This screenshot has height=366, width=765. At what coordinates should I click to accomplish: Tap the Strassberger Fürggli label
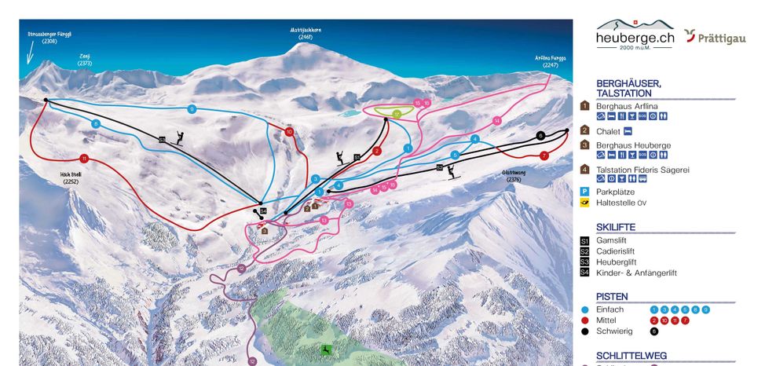[49, 37]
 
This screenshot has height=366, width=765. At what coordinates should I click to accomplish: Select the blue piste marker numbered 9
[192, 109]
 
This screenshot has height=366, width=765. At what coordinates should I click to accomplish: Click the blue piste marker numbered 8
[96, 123]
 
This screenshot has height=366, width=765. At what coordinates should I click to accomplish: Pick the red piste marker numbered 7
[544, 156]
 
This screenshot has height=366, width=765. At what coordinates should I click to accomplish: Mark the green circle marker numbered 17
[397, 114]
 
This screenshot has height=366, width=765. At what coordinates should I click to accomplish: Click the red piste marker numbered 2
[377, 151]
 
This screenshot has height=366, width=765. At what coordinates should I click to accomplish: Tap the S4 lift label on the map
[264, 211]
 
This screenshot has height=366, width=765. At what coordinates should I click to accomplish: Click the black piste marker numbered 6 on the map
[540, 135]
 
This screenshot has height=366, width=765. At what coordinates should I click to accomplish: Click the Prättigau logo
[714, 36]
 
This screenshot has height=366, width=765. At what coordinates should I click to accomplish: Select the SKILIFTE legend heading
[616, 227]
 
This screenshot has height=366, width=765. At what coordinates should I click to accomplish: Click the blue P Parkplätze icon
[584, 191]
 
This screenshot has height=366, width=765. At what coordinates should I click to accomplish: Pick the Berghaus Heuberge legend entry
[633, 145]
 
